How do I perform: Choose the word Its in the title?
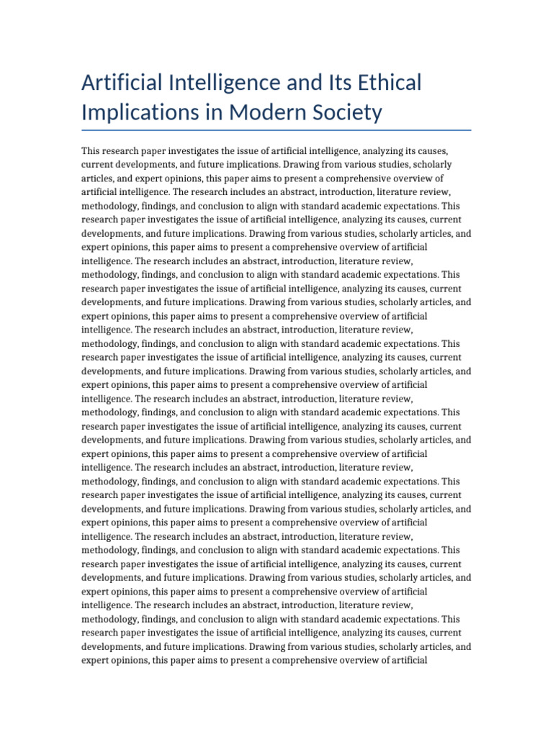pyautogui.click(x=339, y=83)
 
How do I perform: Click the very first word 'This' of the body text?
pyautogui.click(x=91, y=151)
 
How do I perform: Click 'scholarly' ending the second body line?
pyautogui.click(x=432, y=165)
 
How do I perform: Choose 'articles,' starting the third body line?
pyautogui.click(x=99, y=178)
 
